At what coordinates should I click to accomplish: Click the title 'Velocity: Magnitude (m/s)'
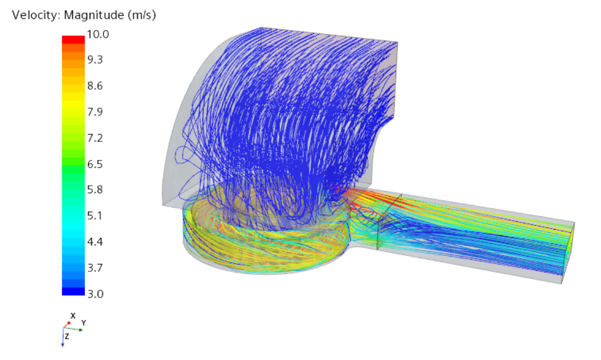pyautogui.click(x=84, y=15)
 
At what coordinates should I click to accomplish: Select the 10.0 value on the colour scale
pyautogui.click(x=98, y=34)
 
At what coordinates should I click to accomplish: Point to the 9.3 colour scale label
pyautogui.click(x=95, y=60)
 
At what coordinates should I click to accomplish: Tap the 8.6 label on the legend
pyautogui.click(x=95, y=86)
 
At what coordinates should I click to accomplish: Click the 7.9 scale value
pyautogui.click(x=95, y=112)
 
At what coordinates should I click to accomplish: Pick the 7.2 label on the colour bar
pyautogui.click(x=95, y=138)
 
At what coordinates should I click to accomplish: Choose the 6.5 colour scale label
pyautogui.click(x=95, y=164)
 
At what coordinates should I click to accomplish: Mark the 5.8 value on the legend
pyautogui.click(x=95, y=190)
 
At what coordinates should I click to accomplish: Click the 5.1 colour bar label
pyautogui.click(x=95, y=215)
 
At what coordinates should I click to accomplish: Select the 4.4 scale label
pyautogui.click(x=95, y=242)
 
